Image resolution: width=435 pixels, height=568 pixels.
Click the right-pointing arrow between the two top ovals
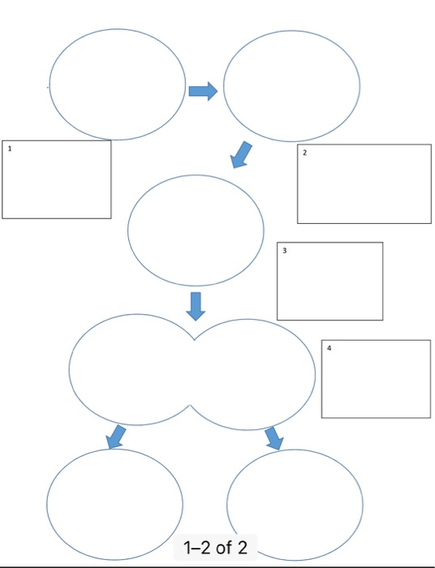pyautogui.click(x=203, y=91)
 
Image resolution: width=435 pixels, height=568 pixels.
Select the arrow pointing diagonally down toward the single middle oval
pyautogui.click(x=241, y=154)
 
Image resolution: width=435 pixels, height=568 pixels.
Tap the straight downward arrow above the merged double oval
pyautogui.click(x=195, y=305)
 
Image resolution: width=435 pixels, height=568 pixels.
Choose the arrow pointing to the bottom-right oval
pyautogui.click(x=274, y=438)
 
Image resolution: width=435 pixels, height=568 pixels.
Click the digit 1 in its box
pyautogui.click(x=9, y=149)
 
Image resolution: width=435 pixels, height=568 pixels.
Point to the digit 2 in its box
pyautogui.click(x=304, y=153)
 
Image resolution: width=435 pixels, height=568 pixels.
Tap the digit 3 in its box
pyautogui.click(x=285, y=251)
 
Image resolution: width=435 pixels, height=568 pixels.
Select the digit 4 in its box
pyautogui.click(x=329, y=347)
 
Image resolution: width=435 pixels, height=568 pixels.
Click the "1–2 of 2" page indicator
pyautogui.click(x=217, y=549)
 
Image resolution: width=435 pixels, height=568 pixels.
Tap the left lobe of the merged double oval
pyautogui.click(x=130, y=369)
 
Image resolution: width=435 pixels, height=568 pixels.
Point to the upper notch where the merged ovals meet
pyautogui.click(x=193, y=338)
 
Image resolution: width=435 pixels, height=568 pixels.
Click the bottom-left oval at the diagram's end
pyautogui.click(x=114, y=503)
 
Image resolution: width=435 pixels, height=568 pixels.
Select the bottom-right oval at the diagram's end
pyautogui.click(x=295, y=503)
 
